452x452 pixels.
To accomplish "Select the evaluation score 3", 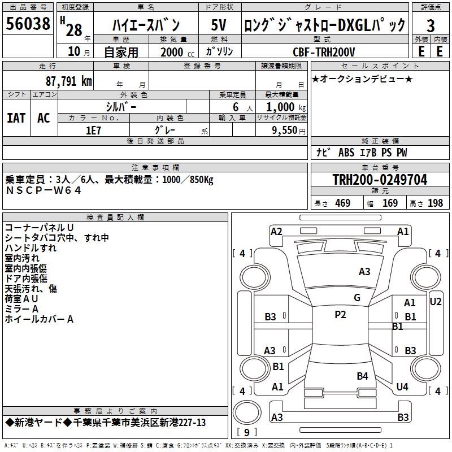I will [x=431, y=25].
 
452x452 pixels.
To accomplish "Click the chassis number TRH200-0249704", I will [x=380, y=180].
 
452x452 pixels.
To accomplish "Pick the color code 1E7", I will [x=93, y=129].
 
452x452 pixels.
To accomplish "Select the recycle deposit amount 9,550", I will [x=281, y=129].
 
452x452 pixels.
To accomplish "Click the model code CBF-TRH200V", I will [x=324, y=52].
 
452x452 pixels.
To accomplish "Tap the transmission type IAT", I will [x=16, y=118].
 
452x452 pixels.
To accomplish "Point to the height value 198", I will [x=436, y=203].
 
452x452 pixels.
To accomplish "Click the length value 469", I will [x=342, y=203].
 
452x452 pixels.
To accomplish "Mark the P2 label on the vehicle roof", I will [x=340, y=315].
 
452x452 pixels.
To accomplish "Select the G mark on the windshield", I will [x=357, y=297].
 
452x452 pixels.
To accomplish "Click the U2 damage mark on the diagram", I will [x=436, y=301].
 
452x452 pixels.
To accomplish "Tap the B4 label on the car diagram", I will [x=362, y=376].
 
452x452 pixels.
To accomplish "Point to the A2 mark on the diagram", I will [x=276, y=231].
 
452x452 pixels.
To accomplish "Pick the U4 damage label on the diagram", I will [x=402, y=386].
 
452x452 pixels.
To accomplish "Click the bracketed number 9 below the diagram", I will [x=246, y=433].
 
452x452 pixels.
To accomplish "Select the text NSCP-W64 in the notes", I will [x=44, y=190].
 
